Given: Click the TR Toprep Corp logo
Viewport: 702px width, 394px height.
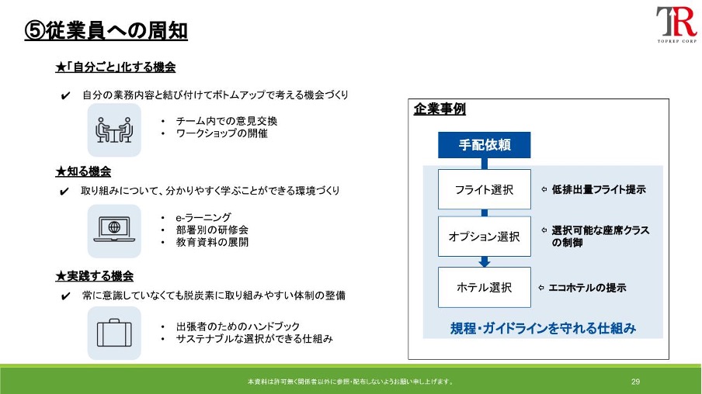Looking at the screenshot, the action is click(x=676, y=24).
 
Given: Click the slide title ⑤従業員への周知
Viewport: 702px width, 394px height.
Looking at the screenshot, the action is click(x=106, y=31).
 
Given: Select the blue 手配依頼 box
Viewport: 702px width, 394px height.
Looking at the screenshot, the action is click(x=484, y=145).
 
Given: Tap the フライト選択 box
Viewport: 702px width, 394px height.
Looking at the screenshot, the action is click(x=484, y=189).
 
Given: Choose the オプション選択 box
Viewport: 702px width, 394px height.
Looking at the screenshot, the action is click(x=484, y=236).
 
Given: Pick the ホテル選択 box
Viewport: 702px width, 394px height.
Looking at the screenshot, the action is click(x=484, y=287).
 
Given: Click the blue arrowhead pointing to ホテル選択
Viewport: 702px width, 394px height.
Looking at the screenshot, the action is click(x=484, y=262).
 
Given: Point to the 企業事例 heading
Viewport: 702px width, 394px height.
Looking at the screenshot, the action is click(x=440, y=109).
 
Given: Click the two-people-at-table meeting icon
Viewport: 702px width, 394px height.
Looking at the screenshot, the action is click(x=114, y=130).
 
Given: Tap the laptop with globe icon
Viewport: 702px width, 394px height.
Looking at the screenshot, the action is click(x=114, y=230).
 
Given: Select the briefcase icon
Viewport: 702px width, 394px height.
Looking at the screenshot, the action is click(x=114, y=333).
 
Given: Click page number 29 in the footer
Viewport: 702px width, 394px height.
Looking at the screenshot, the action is click(x=635, y=382).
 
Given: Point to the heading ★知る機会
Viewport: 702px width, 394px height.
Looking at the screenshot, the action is click(x=83, y=171).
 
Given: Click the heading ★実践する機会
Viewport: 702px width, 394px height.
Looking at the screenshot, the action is click(x=95, y=276).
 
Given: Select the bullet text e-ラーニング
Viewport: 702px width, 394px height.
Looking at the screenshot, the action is click(x=203, y=217).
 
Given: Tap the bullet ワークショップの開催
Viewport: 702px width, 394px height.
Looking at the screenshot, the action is click(x=221, y=133).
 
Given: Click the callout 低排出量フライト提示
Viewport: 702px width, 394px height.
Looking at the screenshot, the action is click(x=599, y=189).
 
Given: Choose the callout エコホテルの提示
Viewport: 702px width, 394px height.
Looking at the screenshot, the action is click(x=587, y=288).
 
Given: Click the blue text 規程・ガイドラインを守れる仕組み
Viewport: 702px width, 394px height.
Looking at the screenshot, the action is click(x=543, y=328).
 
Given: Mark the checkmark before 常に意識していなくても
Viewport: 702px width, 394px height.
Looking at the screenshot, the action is click(x=65, y=296).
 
